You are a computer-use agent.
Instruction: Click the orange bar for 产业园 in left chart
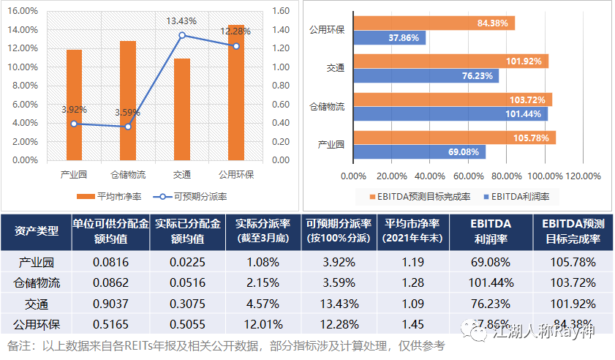tap(74, 104)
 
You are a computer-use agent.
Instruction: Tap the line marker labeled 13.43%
tap(182, 35)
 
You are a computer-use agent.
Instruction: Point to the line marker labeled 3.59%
tap(128, 127)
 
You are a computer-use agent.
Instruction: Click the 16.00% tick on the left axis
tap(25, 11)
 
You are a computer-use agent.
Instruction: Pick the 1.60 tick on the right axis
tap(280, 11)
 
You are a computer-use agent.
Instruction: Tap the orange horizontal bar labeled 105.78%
tap(454, 138)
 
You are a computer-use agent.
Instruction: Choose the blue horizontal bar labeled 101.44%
tap(450, 114)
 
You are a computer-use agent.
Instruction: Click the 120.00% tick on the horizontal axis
tap(583, 176)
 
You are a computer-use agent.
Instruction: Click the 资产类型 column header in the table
tap(37, 231)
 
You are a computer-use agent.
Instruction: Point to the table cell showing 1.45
tap(412, 323)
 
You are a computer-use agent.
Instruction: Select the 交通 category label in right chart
tap(336, 69)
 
